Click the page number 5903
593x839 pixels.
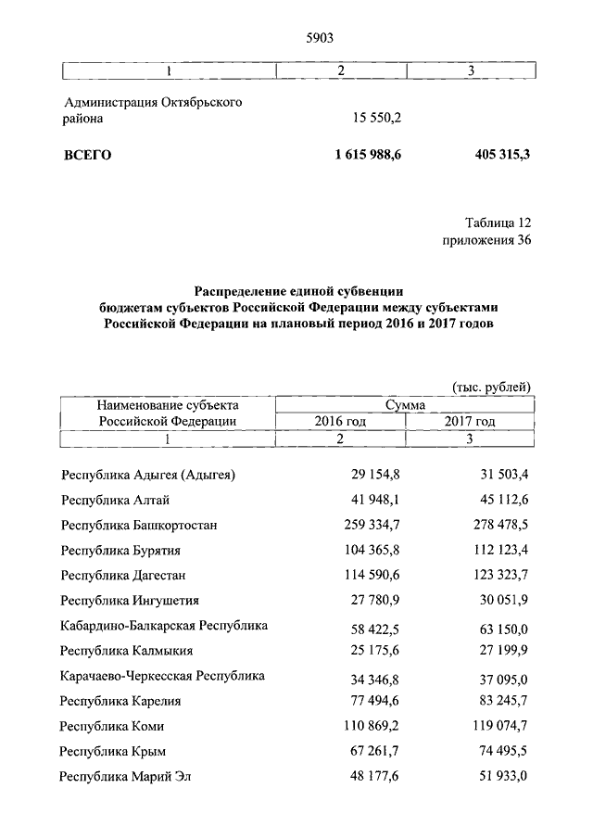(x=318, y=38)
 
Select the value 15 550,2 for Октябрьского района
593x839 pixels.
(x=376, y=119)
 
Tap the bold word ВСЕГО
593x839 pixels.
(x=87, y=155)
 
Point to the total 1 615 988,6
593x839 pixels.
(x=369, y=155)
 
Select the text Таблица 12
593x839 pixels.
(x=498, y=223)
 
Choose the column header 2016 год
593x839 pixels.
(x=340, y=421)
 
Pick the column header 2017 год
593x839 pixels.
(x=470, y=421)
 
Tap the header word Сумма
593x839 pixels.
(x=405, y=404)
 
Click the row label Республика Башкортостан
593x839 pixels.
(x=139, y=525)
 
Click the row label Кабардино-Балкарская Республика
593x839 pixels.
(x=164, y=626)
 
